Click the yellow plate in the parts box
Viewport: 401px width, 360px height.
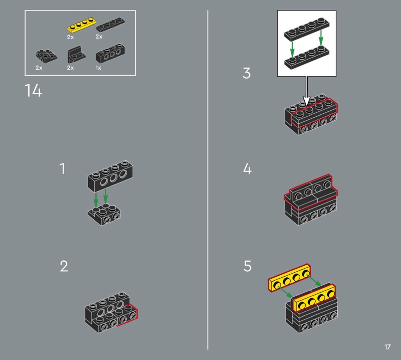[x=82, y=25]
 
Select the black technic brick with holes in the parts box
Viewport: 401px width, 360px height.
[x=110, y=53]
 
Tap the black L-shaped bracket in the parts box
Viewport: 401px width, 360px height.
[x=76, y=55]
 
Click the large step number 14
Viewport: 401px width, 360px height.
[x=33, y=90]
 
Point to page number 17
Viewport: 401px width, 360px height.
[x=387, y=347]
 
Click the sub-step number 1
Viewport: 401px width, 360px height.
[x=62, y=169]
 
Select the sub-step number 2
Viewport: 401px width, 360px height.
[x=64, y=266]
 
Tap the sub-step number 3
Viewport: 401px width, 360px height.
[x=247, y=73]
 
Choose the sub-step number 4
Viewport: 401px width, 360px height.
[x=247, y=169]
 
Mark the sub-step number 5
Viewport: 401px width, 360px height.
[x=248, y=266]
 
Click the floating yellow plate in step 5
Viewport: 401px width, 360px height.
[x=289, y=278]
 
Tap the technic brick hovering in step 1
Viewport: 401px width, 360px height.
[x=110, y=176]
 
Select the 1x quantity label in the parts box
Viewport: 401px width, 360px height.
[x=98, y=68]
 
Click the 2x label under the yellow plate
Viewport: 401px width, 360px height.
[x=70, y=37]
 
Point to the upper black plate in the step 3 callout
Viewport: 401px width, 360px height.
[x=307, y=30]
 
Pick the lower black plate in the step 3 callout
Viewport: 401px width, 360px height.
[x=307, y=57]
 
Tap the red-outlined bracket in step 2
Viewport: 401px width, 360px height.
[x=127, y=315]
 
